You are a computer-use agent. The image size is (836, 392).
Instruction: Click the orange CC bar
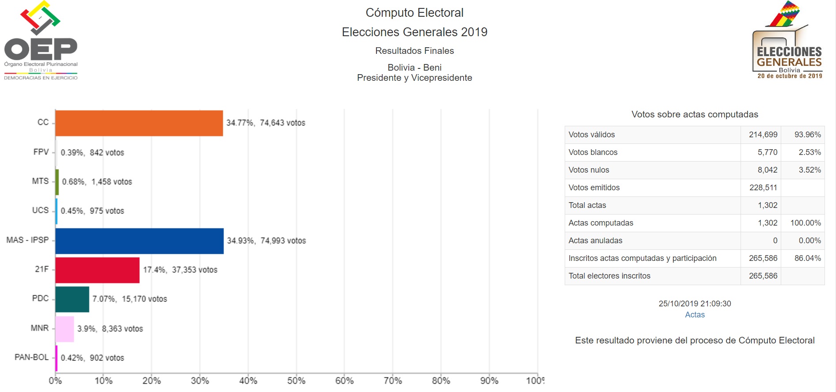139,123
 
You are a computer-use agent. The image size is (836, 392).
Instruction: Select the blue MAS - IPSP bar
139,241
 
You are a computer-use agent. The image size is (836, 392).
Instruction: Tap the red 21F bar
97,270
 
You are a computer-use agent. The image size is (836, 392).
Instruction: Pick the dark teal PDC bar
72,299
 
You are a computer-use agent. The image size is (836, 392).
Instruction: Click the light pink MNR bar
65,329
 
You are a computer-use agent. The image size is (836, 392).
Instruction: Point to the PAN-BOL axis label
31,357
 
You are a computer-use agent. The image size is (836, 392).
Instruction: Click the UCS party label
40,210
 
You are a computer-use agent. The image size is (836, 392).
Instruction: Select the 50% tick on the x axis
296,381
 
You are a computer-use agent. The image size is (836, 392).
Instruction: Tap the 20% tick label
152,381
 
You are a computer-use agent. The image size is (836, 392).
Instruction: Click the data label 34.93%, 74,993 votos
266,241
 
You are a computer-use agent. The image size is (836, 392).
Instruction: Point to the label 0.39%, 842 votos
92,152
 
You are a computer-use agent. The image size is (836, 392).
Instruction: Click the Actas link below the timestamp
695,315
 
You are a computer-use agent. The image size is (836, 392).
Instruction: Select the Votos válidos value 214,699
763,135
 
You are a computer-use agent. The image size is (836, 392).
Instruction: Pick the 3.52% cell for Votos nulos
809,170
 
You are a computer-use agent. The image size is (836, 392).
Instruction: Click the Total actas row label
587,205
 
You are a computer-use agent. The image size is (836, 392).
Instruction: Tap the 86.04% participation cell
807,258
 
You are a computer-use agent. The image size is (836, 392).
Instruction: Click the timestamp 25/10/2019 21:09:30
695,304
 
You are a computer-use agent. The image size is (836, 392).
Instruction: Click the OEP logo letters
41,49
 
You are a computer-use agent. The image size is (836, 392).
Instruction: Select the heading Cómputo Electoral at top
414,13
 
